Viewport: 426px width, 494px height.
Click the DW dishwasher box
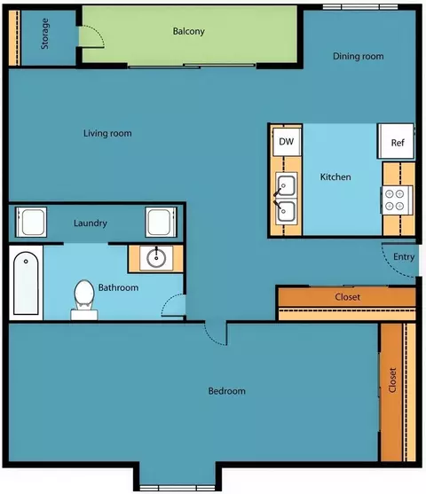(287, 141)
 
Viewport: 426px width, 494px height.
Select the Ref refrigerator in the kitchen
(396, 141)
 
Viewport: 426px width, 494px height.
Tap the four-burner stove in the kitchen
(398, 200)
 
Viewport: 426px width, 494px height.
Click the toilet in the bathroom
(84, 300)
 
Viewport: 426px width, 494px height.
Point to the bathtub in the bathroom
(26, 283)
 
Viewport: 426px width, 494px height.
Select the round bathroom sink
(156, 258)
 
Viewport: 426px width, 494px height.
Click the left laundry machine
(31, 222)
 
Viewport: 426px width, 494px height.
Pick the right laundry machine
(161, 222)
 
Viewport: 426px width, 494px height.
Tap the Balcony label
(188, 31)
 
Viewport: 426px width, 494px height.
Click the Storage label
(44, 34)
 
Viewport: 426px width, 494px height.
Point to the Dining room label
(359, 56)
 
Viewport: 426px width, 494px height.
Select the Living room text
(107, 133)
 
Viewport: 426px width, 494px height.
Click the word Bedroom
(226, 391)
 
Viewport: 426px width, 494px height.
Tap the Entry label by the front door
(404, 257)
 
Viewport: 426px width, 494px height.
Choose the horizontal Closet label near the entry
(348, 297)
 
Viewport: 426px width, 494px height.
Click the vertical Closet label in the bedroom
(392, 380)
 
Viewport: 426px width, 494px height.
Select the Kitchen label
(335, 176)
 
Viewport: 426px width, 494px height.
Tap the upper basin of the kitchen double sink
(287, 185)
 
